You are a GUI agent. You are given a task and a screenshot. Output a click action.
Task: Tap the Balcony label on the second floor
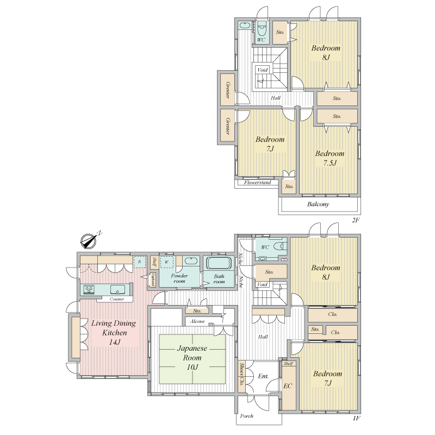point(318,204)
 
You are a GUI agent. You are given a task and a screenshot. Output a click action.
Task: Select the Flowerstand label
point(257,183)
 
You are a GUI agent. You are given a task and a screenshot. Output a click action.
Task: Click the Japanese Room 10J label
point(192,358)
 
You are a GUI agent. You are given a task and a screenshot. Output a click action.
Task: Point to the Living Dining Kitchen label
point(114,332)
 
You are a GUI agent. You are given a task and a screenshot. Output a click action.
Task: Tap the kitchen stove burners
point(89,289)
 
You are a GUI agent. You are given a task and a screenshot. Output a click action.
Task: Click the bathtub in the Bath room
point(219,263)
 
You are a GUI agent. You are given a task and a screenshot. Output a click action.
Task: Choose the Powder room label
point(179,278)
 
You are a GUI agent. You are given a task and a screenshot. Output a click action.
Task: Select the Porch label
point(247,416)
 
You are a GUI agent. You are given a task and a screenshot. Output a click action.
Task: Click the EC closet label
point(288,386)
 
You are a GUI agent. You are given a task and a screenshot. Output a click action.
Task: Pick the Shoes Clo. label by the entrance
point(241,375)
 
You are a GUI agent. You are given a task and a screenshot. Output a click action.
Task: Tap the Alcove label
point(197,321)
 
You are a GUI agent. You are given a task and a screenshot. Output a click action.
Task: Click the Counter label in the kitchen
point(117,299)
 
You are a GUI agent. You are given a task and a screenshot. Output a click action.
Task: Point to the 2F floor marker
point(356,221)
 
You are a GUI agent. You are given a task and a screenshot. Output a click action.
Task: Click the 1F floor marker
point(357,418)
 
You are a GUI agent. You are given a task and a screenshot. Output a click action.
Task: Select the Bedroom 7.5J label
point(330,158)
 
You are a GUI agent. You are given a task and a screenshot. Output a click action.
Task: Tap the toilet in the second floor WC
point(262,29)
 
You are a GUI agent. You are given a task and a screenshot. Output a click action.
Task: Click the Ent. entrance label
point(263,376)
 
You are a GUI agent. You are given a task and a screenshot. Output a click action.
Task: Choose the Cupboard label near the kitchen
point(153,280)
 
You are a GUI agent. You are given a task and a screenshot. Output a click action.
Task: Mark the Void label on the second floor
point(262,70)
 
